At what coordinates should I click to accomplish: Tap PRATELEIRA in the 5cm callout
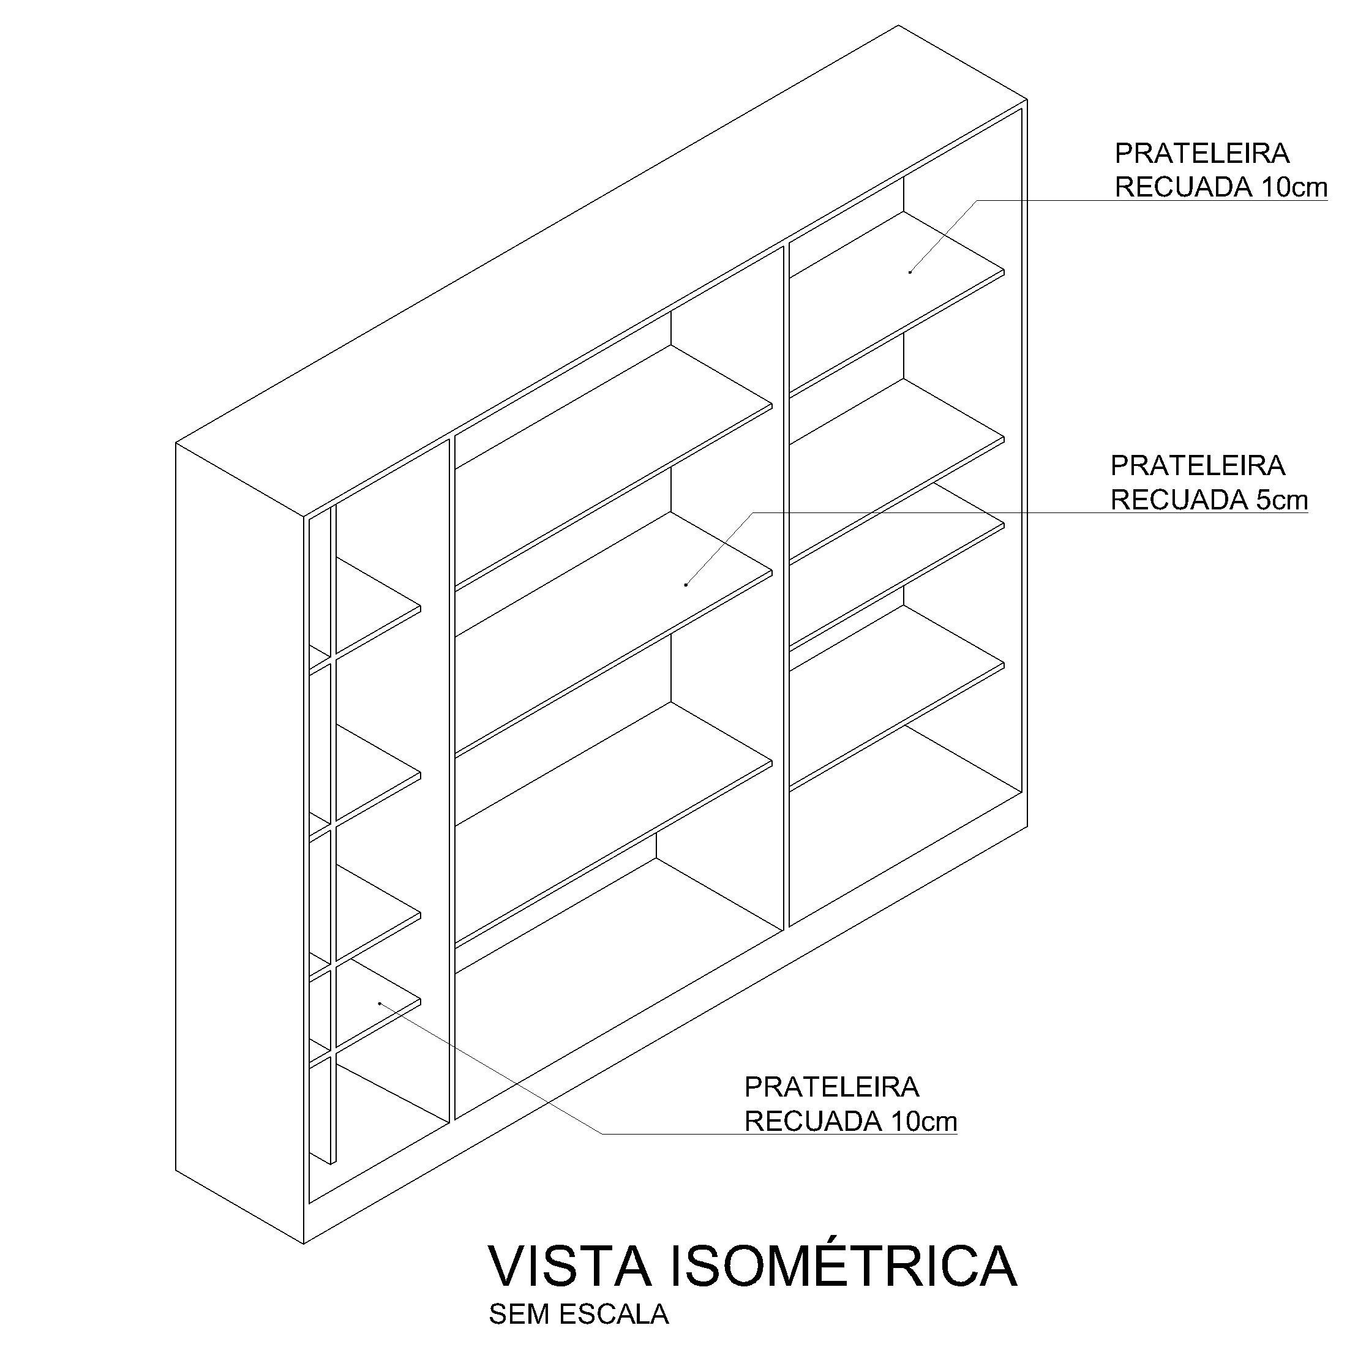pos(1197,466)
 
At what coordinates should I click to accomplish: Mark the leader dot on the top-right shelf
pos(910,272)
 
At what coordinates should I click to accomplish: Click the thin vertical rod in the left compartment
pos(333,836)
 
